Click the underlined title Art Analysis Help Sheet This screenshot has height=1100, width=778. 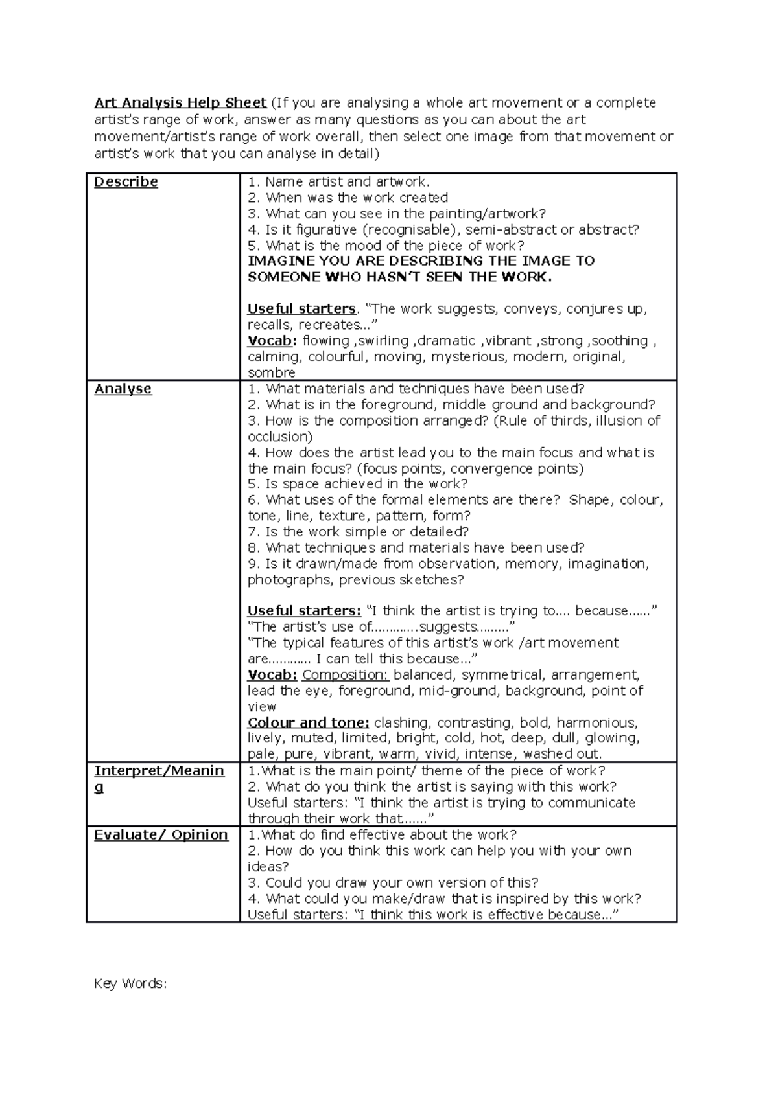[180, 102]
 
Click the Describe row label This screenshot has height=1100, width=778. [126, 182]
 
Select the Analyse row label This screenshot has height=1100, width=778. [123, 389]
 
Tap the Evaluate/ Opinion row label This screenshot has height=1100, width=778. [161, 835]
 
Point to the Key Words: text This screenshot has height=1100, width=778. [130, 983]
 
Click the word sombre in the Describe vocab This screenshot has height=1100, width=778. [272, 372]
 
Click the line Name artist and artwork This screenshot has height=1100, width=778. [339, 182]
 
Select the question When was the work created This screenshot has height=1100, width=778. [348, 198]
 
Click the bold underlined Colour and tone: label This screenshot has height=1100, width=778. [309, 722]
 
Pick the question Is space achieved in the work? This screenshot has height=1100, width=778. [358, 484]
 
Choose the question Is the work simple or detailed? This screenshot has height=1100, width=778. [358, 532]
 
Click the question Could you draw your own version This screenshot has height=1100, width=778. [394, 882]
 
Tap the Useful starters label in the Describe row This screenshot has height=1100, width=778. [301, 309]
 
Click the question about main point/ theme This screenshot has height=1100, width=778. [427, 771]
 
